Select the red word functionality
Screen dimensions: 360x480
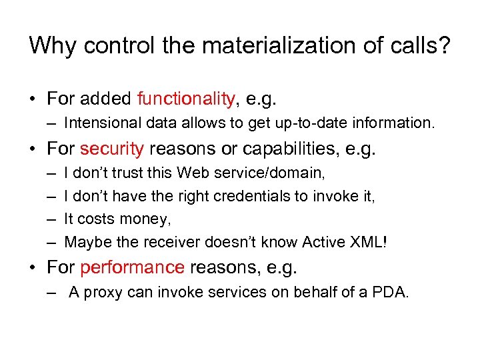tap(186, 99)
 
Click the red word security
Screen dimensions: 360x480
tap(111, 149)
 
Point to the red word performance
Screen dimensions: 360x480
tap(132, 267)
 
